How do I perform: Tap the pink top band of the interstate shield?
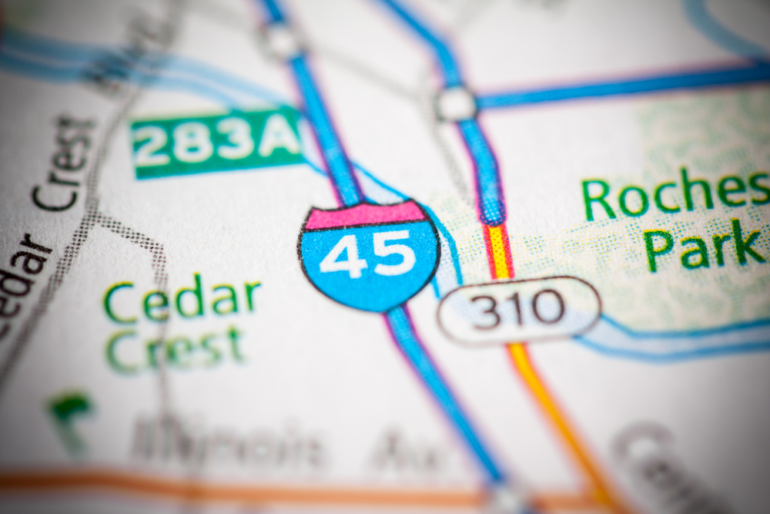coord(365,216)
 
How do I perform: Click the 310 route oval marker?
coord(518,310)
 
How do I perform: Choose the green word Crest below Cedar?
coord(175,348)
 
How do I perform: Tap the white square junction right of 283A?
coord(456,103)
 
